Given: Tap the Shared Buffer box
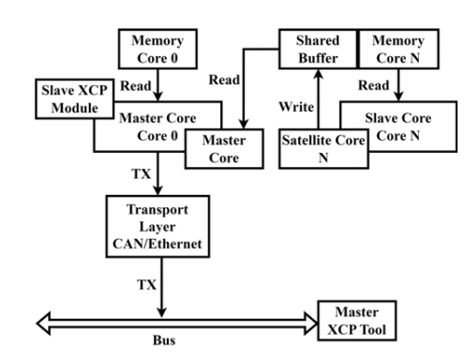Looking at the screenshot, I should (x=317, y=49).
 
